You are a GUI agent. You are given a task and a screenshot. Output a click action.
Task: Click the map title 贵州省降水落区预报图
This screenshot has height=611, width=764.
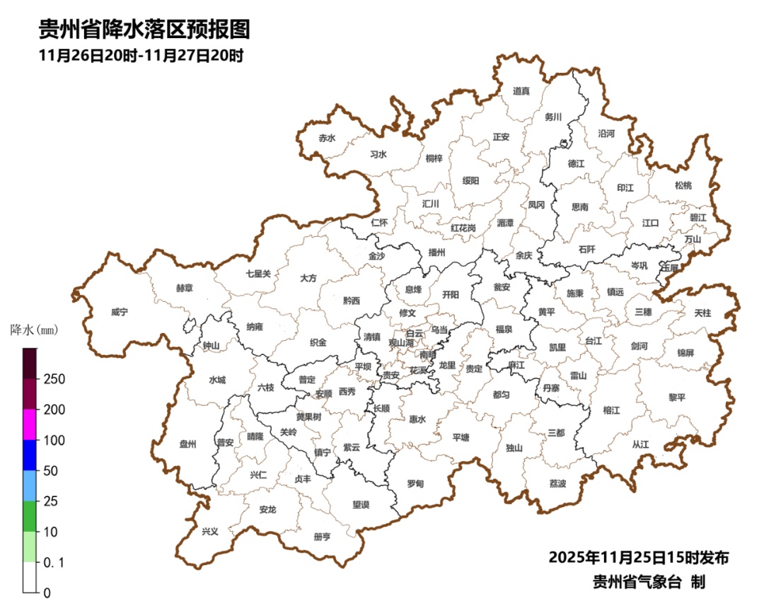pyautogui.click(x=144, y=30)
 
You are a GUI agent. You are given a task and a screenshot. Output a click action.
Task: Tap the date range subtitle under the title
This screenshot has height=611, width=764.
pyautogui.click(x=141, y=56)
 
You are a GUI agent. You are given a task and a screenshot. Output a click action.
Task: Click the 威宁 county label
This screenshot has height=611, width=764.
pyautogui.click(x=120, y=312)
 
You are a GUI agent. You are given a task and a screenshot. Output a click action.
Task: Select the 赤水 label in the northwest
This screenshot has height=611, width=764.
pyautogui.click(x=326, y=138)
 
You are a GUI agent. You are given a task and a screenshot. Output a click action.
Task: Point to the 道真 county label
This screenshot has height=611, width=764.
pyautogui.click(x=521, y=91)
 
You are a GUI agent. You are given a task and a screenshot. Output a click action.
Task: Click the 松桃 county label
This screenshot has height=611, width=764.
pyautogui.click(x=683, y=185)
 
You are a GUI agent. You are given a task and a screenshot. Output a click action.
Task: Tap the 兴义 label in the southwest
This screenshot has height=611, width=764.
pyautogui.click(x=210, y=531)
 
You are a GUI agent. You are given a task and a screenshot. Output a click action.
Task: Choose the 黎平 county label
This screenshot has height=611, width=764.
pyautogui.click(x=677, y=397)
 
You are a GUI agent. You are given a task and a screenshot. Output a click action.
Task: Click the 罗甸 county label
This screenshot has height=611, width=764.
pyautogui.click(x=415, y=484)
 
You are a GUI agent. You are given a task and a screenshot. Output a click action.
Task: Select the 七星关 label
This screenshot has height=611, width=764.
pyautogui.click(x=258, y=273)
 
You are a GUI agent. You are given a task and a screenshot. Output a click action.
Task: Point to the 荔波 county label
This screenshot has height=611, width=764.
pyautogui.click(x=557, y=484)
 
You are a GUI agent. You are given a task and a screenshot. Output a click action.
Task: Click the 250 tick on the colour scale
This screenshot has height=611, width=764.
pyautogui.click(x=54, y=379)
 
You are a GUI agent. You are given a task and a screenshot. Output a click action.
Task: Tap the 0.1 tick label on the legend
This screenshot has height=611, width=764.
pyautogui.click(x=54, y=562)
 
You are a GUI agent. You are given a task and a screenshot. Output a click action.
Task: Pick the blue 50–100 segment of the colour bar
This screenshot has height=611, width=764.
pyautogui.click(x=29, y=455)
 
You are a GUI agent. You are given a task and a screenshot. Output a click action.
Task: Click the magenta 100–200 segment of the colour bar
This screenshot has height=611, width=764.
pyautogui.click(x=29, y=424)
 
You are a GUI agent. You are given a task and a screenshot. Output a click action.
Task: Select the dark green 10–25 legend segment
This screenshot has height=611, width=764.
pyautogui.click(x=29, y=516)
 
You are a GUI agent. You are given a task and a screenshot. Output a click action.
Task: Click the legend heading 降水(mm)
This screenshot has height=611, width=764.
pyautogui.click(x=33, y=330)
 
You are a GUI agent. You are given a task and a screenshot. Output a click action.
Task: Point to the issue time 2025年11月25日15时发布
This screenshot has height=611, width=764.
pyautogui.click(x=638, y=557)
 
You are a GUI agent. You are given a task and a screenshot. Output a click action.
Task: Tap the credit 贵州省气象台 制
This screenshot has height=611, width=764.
pyautogui.click(x=649, y=582)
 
